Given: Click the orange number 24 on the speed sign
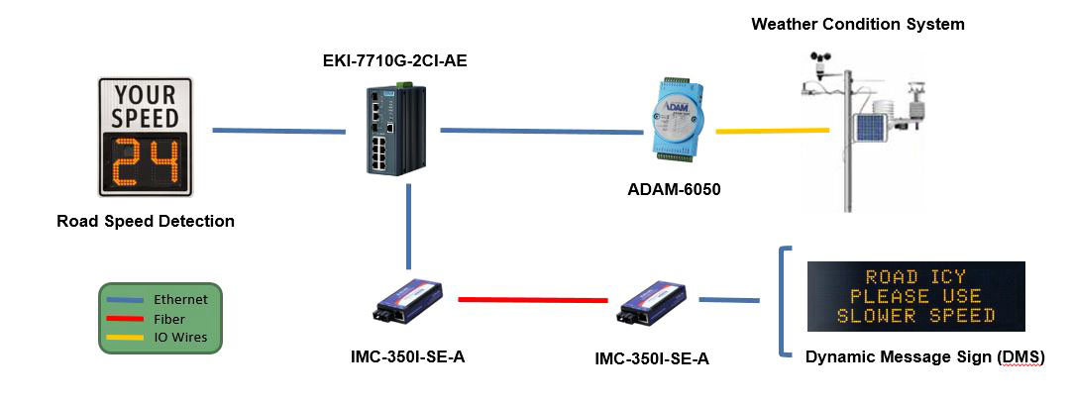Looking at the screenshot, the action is [x=147, y=163].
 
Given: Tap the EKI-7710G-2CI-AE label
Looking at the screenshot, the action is [x=395, y=60].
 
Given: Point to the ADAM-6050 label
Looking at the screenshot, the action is [x=675, y=190].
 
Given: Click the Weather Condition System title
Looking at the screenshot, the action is [x=858, y=25].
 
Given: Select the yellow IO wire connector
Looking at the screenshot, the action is [x=773, y=129].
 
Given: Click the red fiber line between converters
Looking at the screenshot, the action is [x=533, y=299].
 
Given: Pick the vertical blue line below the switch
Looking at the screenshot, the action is [x=408, y=227].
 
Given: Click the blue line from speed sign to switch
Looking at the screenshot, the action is [x=279, y=130].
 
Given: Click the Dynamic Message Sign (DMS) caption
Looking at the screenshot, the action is [x=925, y=357].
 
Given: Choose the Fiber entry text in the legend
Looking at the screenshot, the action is [x=168, y=319].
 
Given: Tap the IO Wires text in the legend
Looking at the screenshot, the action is [x=180, y=337].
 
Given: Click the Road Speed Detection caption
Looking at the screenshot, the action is [x=146, y=222].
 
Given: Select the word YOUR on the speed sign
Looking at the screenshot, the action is [x=146, y=95].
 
